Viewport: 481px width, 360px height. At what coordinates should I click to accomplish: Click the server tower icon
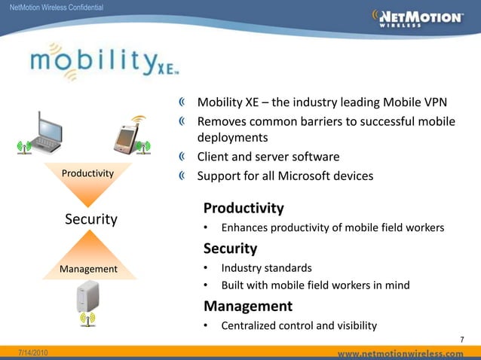[x=88, y=299]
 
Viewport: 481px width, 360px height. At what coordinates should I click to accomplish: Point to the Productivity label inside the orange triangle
[x=88, y=174]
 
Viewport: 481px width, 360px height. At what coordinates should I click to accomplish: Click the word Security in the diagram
[x=90, y=219]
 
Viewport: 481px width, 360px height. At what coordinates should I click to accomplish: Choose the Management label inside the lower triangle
[x=88, y=269]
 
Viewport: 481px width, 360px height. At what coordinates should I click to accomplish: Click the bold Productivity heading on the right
[x=244, y=208]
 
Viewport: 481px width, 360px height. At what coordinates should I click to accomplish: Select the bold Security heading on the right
[x=230, y=248]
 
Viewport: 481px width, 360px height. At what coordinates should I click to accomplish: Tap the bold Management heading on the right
[x=247, y=306]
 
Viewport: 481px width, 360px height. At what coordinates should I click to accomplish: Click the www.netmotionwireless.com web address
[x=400, y=352]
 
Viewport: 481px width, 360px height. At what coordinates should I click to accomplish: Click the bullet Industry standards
[x=266, y=267]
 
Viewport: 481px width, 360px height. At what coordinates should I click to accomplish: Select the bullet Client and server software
[x=268, y=157]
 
